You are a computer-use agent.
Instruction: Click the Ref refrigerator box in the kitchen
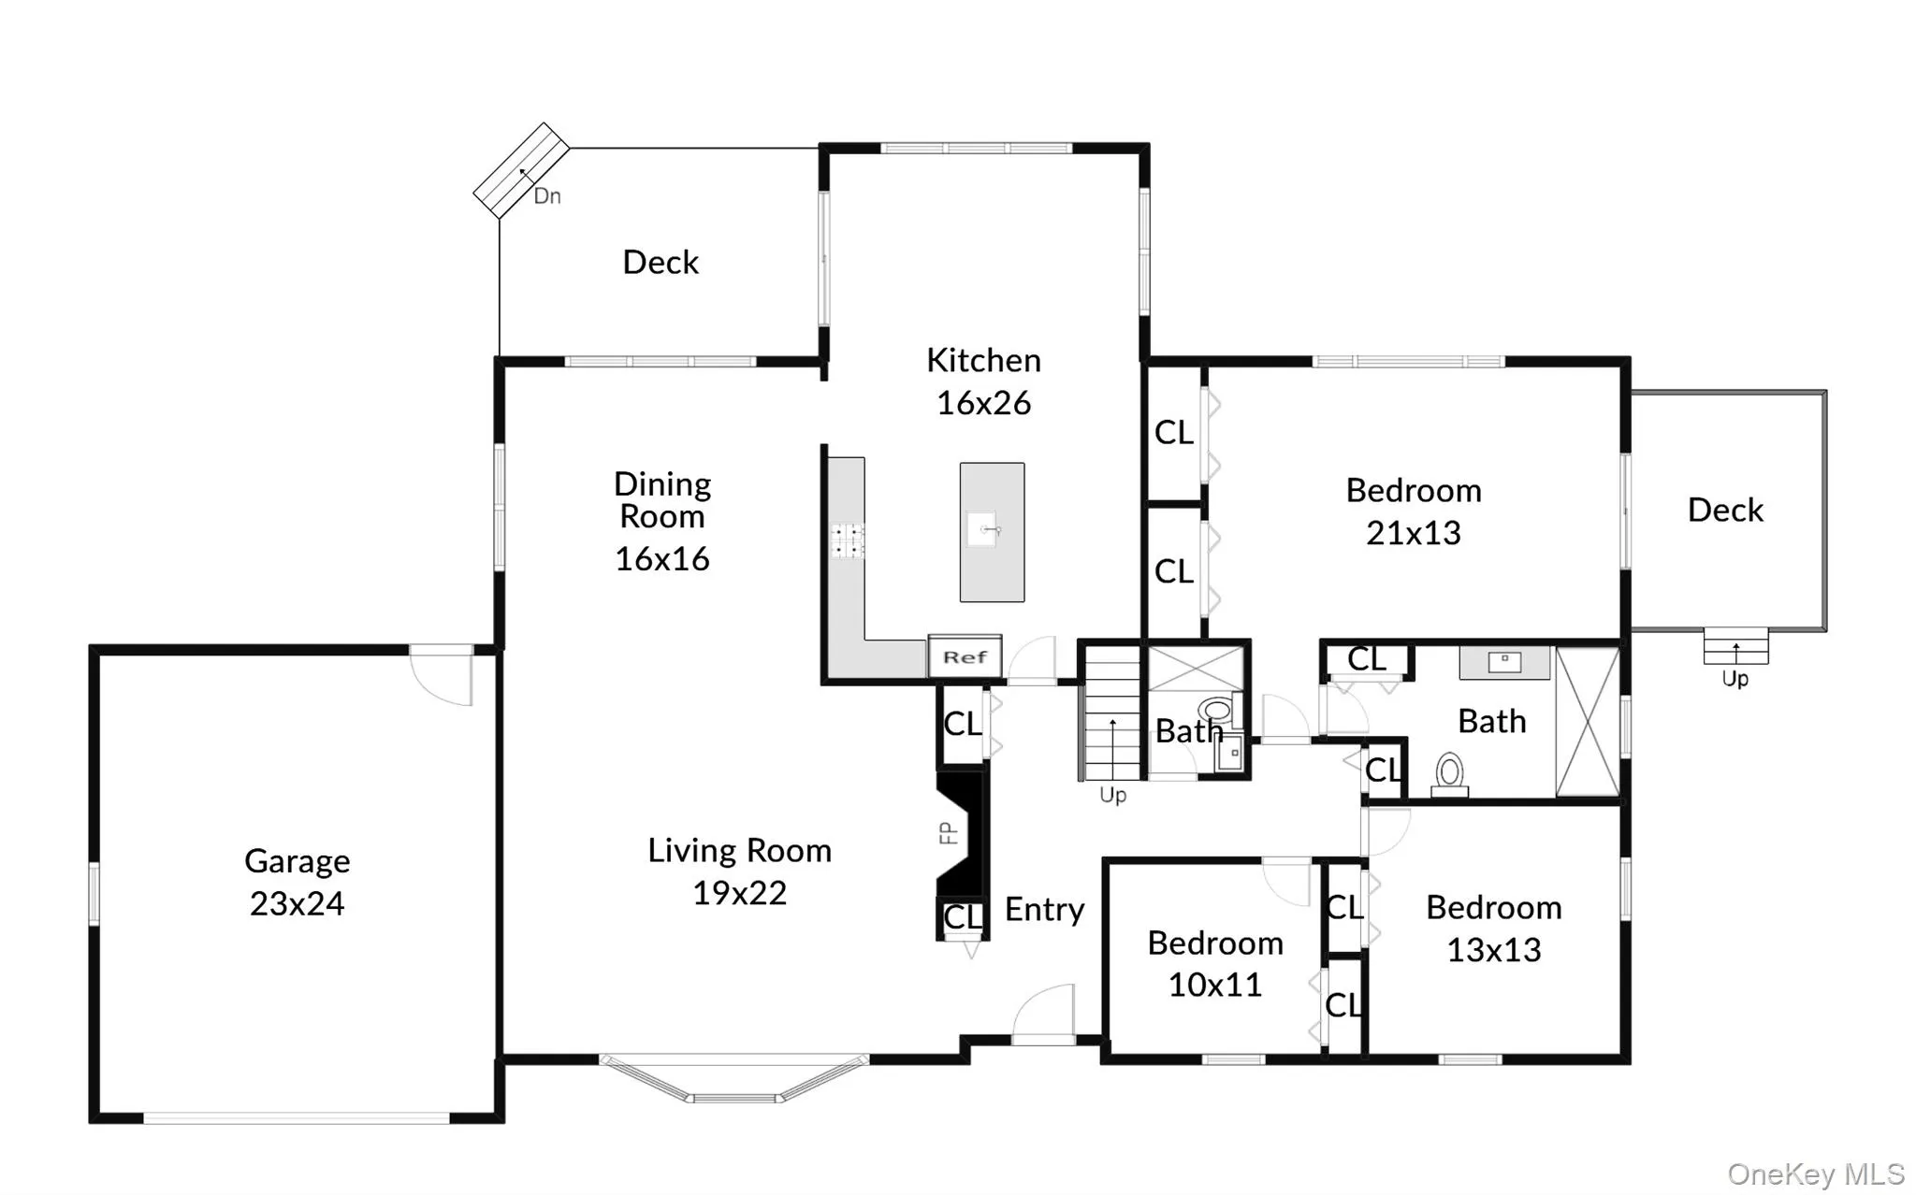point(965,656)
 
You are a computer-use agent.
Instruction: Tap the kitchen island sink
point(983,529)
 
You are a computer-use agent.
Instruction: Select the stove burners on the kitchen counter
point(848,540)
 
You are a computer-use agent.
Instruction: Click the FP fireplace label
point(949,832)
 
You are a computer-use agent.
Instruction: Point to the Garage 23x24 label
point(298,882)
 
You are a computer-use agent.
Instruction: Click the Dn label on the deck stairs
point(547,196)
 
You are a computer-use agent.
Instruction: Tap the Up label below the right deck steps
point(1735,679)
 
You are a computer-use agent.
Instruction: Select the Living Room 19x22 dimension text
point(739,893)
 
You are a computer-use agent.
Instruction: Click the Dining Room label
point(662,500)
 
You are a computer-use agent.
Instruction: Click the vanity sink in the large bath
point(1504,662)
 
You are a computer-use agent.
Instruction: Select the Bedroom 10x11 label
point(1215,963)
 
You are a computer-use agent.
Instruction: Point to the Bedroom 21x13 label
point(1413,511)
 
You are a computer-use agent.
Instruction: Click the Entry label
point(1044,909)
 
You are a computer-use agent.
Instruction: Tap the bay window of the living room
point(734,1079)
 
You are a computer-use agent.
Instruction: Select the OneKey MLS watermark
point(1815,1173)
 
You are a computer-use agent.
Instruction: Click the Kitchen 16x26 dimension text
point(983,403)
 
